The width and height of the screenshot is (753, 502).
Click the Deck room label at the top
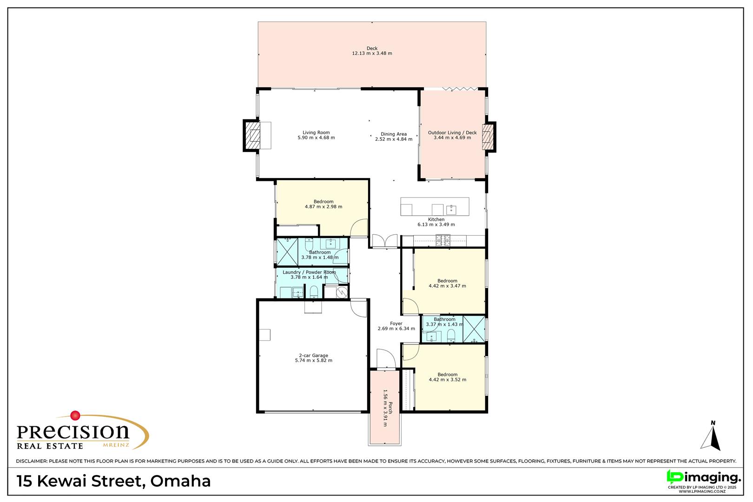click(x=372, y=48)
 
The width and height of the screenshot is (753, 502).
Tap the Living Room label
click(x=316, y=132)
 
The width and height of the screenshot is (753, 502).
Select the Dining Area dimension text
click(x=394, y=139)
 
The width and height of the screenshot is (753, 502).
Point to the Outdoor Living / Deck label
click(x=452, y=132)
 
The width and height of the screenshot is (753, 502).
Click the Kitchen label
click(x=436, y=219)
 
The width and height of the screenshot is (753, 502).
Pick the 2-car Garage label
click(x=313, y=356)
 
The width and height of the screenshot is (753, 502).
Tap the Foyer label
click(x=396, y=324)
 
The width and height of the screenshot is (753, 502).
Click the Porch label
click(x=390, y=408)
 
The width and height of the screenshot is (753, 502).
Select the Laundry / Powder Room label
click(x=309, y=272)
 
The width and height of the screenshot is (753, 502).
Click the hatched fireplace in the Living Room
click(x=252, y=136)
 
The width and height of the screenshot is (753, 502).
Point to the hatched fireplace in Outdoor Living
click(x=488, y=137)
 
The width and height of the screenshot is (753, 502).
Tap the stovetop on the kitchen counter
click(x=443, y=240)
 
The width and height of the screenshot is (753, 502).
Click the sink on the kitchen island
click(x=451, y=210)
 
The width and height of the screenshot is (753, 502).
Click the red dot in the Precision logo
click(x=75, y=416)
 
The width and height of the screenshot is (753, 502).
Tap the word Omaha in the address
click(x=180, y=481)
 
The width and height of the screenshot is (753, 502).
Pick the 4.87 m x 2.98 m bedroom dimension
click(x=324, y=207)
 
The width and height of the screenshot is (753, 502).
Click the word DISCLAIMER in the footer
click(x=32, y=461)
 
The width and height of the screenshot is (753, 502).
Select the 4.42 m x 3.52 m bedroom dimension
click(x=448, y=380)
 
